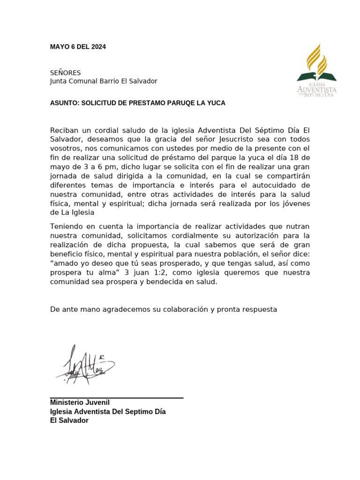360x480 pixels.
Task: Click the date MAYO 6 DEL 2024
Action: [78, 47]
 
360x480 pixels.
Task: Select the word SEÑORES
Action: [65, 73]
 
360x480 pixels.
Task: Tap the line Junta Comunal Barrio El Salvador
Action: [104, 81]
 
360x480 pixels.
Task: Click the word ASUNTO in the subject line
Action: [64, 103]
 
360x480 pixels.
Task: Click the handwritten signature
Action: [85, 365]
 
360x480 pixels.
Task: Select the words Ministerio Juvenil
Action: [80, 403]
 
